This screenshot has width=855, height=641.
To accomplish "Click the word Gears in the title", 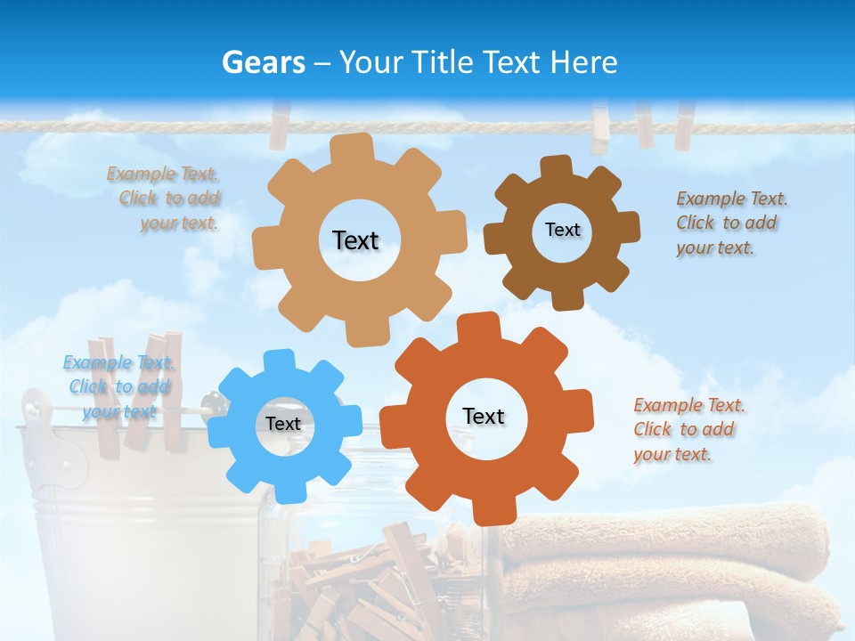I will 263,62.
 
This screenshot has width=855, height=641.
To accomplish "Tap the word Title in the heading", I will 442,62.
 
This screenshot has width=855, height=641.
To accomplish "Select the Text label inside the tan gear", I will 355,240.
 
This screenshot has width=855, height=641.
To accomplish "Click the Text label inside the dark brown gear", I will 562,230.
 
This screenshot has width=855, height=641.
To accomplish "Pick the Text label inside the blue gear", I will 283,424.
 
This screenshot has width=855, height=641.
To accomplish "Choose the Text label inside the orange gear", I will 484,416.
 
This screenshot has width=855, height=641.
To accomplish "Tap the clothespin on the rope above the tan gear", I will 280,125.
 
